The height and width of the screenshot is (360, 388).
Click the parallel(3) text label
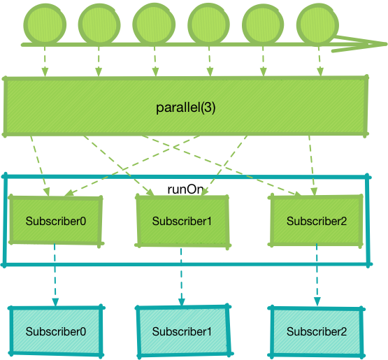[x=185, y=108]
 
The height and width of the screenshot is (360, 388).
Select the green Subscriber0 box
[x=56, y=221]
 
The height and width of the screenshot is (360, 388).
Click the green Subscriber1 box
[x=182, y=222]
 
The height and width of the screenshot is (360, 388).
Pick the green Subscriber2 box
[x=316, y=220]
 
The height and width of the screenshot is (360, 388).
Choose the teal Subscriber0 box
[x=56, y=331]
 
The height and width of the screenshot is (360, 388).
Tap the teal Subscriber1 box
[x=182, y=331]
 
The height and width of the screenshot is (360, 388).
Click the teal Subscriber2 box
[x=316, y=331]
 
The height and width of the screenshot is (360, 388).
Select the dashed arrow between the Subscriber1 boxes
[x=181, y=276]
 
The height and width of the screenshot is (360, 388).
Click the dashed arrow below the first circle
[x=45, y=62]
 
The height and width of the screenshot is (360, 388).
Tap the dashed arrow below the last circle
[x=319, y=62]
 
